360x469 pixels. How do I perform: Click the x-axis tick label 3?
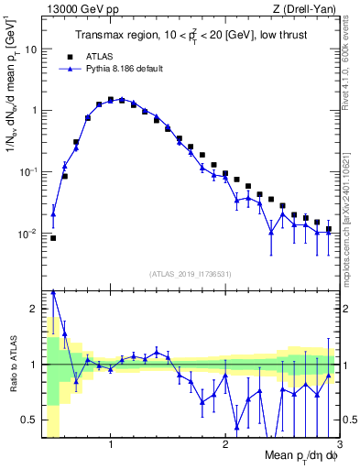(340, 445)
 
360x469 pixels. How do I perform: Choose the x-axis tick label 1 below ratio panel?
(111, 445)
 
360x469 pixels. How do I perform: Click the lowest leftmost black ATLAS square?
(53, 238)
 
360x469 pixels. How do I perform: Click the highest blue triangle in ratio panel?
(53, 291)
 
